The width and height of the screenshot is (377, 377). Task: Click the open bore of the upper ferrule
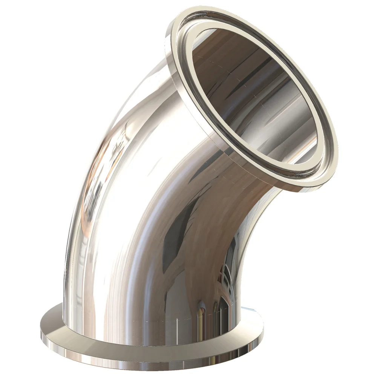pos(253,94)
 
